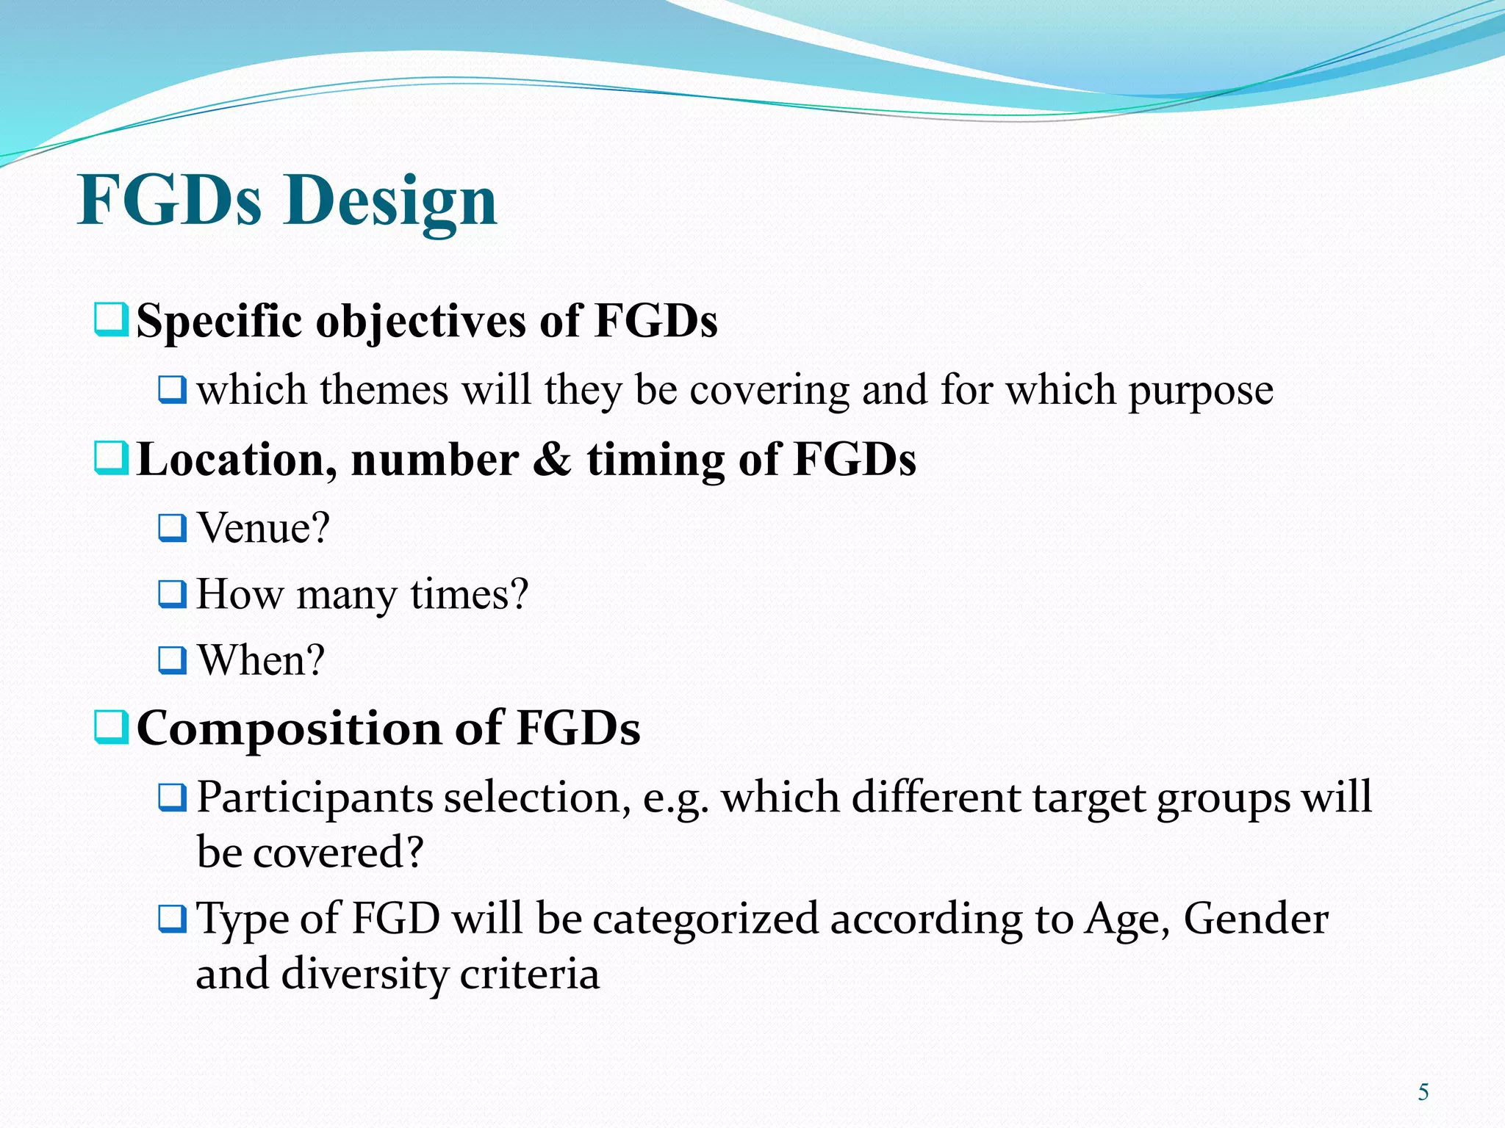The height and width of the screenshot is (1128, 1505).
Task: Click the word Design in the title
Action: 391,200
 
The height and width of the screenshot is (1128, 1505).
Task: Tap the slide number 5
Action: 1423,1092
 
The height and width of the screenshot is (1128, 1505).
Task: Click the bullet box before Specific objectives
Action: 112,320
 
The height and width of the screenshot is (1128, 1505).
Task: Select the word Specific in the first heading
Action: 219,322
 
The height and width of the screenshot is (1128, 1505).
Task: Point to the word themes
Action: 384,389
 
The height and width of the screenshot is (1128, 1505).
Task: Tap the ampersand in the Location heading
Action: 552,460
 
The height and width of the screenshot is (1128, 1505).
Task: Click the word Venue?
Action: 263,527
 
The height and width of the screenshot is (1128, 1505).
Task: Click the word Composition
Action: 289,730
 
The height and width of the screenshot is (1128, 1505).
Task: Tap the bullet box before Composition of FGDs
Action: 112,728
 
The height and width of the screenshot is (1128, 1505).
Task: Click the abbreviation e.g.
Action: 676,798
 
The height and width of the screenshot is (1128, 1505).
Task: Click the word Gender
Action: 1256,919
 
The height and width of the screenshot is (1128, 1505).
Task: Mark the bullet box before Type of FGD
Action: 173,919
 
